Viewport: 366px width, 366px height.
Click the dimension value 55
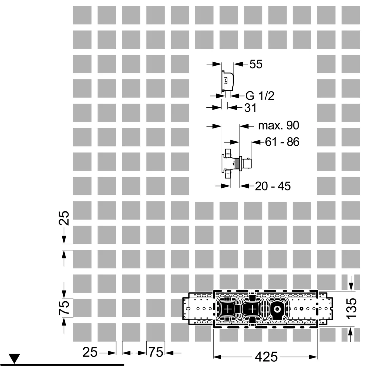256,64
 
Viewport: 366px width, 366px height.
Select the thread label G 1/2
260,96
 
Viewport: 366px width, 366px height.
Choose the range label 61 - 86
282,142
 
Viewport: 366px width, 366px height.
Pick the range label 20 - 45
273,186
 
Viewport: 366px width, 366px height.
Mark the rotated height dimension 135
352,308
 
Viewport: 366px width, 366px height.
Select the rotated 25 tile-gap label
65,219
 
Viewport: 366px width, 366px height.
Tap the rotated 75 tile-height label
65,308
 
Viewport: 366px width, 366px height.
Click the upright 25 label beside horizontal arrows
90,353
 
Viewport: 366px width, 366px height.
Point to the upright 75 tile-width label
155,353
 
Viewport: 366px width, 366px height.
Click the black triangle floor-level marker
15,358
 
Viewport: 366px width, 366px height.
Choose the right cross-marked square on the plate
253,309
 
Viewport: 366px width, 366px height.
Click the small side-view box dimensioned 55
227,81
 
